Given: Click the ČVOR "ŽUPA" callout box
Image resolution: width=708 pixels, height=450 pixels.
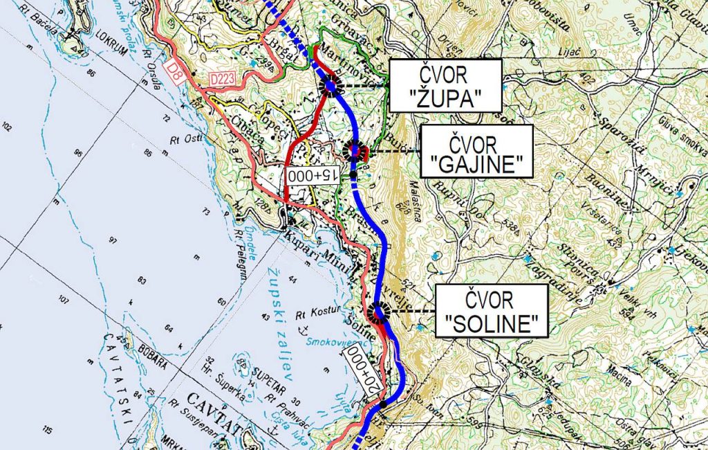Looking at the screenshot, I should tap(445, 85).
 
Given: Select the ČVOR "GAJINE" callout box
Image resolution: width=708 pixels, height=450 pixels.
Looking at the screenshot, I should tap(476, 151).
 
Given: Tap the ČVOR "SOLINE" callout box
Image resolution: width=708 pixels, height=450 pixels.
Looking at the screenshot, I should tap(491, 310).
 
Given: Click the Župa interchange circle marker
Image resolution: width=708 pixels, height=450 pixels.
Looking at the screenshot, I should tap(330, 87).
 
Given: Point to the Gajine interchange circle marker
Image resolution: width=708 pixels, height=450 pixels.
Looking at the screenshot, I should tap(355, 150).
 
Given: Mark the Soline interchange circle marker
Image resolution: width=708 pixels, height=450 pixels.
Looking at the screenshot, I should tap(379, 313).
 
